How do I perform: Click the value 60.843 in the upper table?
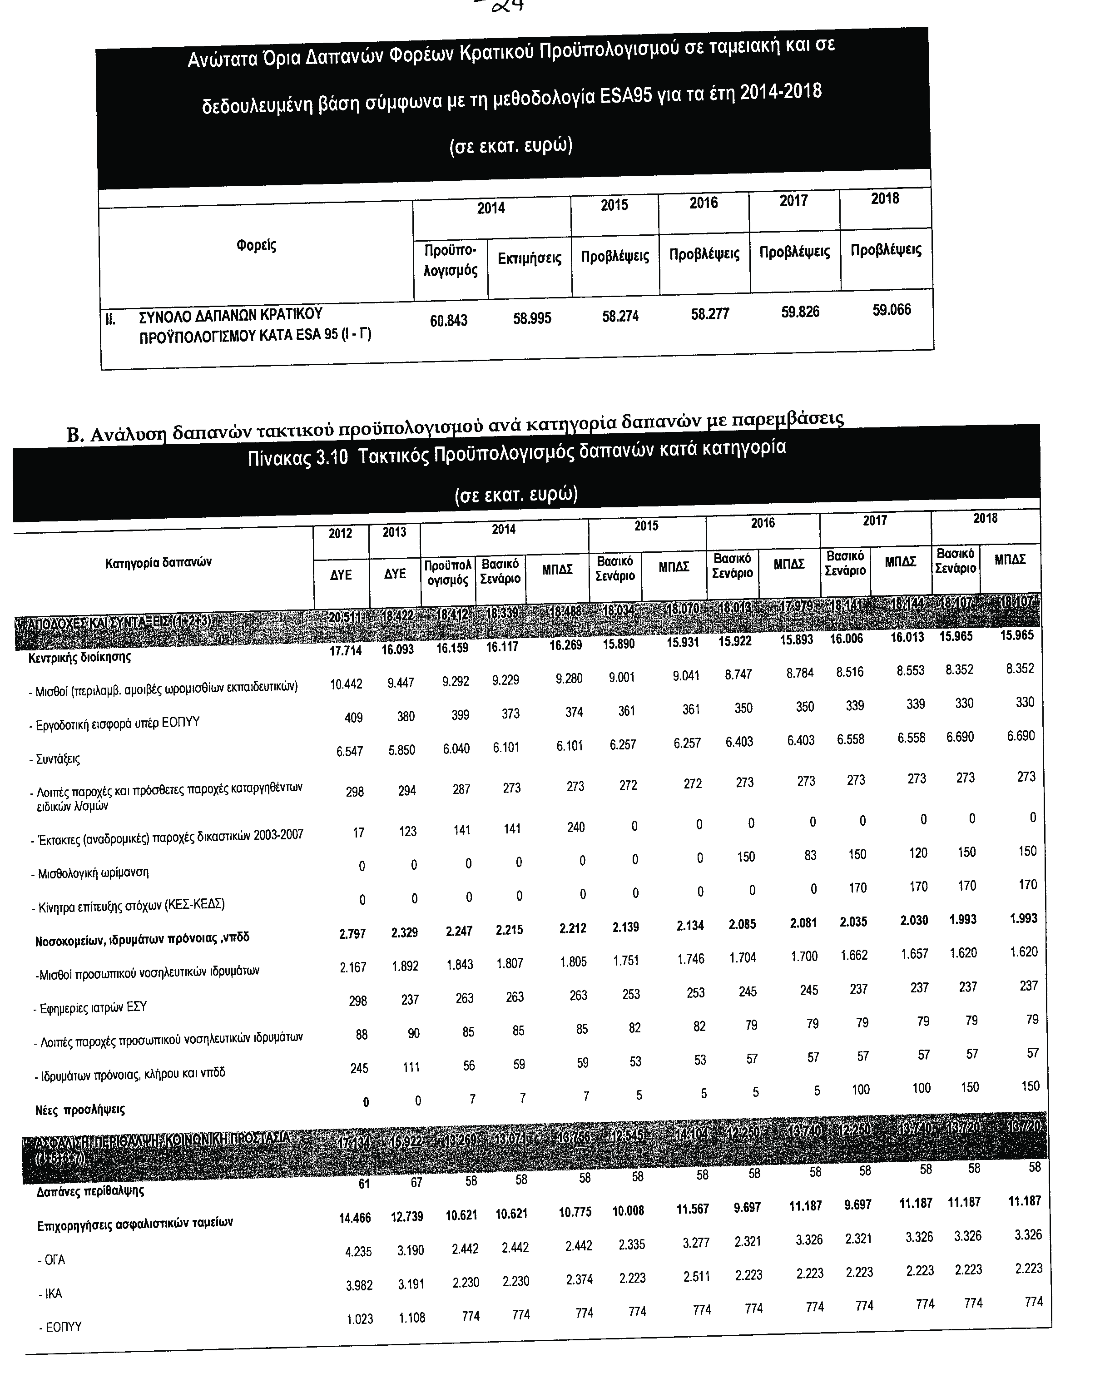(448, 320)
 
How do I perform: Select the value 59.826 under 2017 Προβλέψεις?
(800, 312)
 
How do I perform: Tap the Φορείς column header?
(256, 245)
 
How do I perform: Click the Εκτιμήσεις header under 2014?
(529, 258)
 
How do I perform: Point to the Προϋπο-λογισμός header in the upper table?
(451, 260)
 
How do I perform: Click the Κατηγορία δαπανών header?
(159, 562)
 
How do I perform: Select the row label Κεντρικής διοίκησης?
(80, 657)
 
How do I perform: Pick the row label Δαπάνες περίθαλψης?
(90, 1191)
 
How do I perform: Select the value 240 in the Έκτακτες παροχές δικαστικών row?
(575, 827)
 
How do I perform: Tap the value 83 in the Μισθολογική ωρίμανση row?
(810, 855)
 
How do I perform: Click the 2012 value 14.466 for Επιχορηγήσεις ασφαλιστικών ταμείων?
(355, 1218)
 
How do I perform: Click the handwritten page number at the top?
(505, 6)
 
